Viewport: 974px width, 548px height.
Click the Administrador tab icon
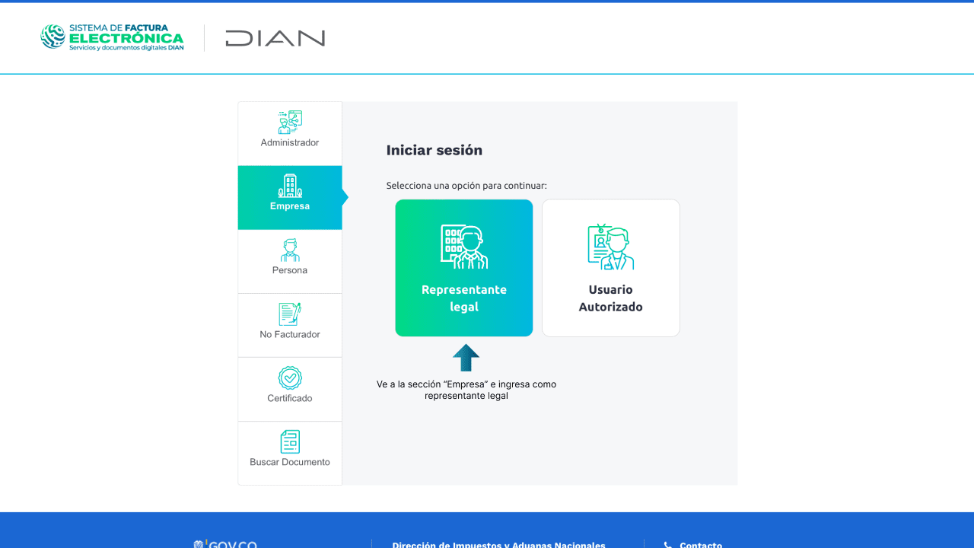pyautogui.click(x=290, y=123)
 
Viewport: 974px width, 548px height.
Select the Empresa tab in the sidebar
pyautogui.click(x=290, y=197)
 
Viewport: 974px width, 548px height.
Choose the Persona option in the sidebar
pyautogui.click(x=290, y=261)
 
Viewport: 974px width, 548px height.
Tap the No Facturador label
pyautogui.click(x=290, y=334)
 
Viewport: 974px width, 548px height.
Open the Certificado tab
pyautogui.click(x=290, y=389)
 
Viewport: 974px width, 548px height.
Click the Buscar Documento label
pyautogui.click(x=290, y=462)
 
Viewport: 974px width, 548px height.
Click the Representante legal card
pyautogui.click(x=463, y=268)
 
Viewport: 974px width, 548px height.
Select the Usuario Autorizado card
pyautogui.click(x=610, y=268)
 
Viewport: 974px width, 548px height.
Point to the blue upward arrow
pyautogui.click(x=466, y=358)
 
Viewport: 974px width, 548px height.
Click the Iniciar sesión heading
pyautogui.click(x=434, y=150)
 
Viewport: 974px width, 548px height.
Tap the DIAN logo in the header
pyautogui.click(x=275, y=38)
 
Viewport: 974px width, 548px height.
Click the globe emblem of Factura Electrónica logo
pyautogui.click(x=53, y=37)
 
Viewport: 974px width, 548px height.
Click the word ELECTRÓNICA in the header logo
pyautogui.click(x=126, y=38)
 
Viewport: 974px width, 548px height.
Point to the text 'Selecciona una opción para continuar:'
pyautogui.click(x=466, y=186)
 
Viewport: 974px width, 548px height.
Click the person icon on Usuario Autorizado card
pyautogui.click(x=610, y=247)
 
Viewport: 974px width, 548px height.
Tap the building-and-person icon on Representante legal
pyautogui.click(x=463, y=247)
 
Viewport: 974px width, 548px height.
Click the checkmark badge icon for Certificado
pyautogui.click(x=290, y=378)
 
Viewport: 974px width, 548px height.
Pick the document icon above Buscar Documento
pyautogui.click(x=290, y=441)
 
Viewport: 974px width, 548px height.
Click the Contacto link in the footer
pyautogui.click(x=700, y=545)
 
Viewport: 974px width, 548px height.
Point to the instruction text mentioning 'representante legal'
pyautogui.click(x=466, y=390)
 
